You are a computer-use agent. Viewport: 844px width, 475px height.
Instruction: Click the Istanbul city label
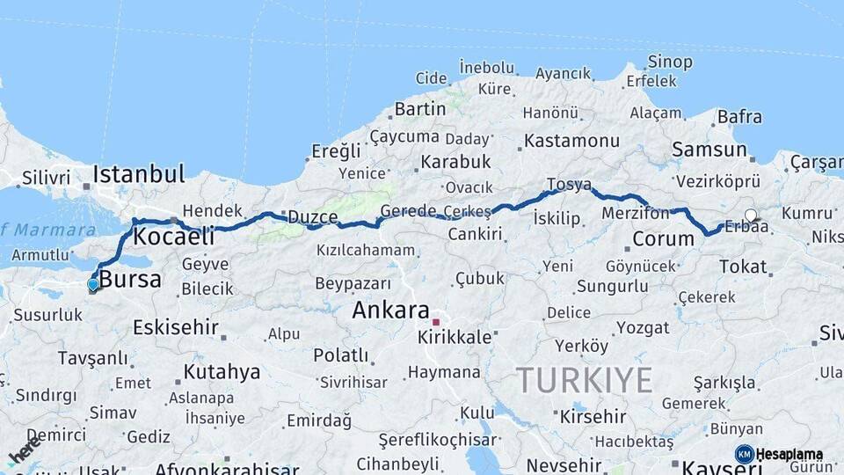pyautogui.click(x=138, y=173)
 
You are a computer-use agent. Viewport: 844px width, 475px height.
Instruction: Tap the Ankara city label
pyautogui.click(x=390, y=311)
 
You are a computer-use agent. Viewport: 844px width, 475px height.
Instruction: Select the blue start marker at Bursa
pyautogui.click(x=92, y=284)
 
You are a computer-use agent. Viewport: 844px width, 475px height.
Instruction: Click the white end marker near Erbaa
pyautogui.click(x=750, y=215)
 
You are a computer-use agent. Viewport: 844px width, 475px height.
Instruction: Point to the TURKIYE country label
pyautogui.click(x=585, y=380)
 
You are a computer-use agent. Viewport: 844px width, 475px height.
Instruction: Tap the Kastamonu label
pyautogui.click(x=572, y=141)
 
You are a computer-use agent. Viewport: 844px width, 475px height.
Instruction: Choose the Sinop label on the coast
pyautogui.click(x=670, y=62)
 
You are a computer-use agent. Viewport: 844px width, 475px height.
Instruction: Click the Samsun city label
pyautogui.click(x=709, y=150)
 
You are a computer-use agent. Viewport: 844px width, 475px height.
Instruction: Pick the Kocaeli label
pyautogui.click(x=173, y=236)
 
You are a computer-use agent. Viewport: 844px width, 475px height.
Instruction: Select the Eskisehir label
pyautogui.click(x=175, y=328)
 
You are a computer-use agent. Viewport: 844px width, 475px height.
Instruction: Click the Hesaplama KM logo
pyautogui.click(x=779, y=454)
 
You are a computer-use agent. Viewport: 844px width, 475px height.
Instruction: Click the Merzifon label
pyautogui.click(x=635, y=213)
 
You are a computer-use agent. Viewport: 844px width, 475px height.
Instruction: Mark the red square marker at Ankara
pyautogui.click(x=435, y=322)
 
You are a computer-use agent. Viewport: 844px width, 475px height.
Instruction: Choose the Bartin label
pyautogui.click(x=420, y=109)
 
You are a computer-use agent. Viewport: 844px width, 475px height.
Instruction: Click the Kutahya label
pyautogui.click(x=222, y=372)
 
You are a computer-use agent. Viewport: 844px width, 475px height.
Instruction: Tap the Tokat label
pyautogui.click(x=743, y=267)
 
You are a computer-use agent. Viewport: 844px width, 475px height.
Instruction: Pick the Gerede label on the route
pyautogui.click(x=408, y=211)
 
